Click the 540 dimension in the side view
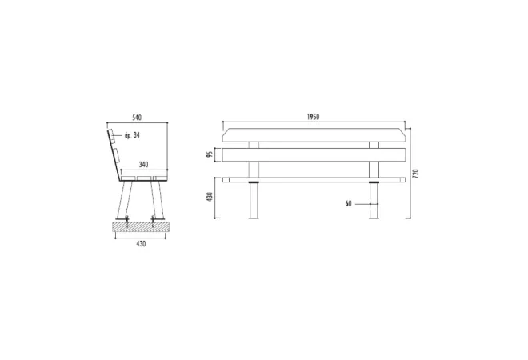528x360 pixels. pos(137,118)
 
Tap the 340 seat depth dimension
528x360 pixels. pos(143,165)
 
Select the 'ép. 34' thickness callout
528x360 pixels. pos(132,135)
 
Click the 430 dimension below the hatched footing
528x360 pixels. pos(141,243)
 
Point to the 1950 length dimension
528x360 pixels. pos(313,117)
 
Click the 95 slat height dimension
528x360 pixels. pos(210,154)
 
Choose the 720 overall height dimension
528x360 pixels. pos(415,174)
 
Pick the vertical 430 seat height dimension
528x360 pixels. pos(210,197)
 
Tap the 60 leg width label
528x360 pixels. pos(348,204)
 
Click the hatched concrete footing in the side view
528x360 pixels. pos(141,226)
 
